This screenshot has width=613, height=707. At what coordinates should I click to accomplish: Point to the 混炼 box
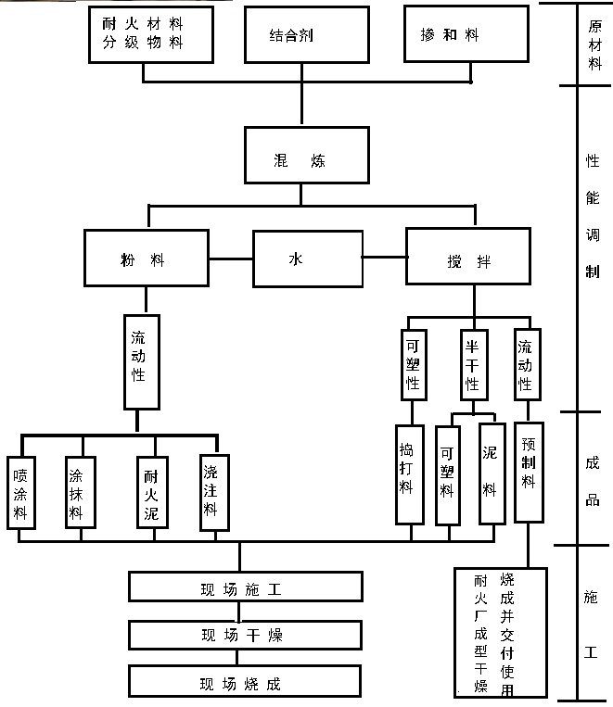click(300, 154)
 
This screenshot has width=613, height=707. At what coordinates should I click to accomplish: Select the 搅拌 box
click(468, 259)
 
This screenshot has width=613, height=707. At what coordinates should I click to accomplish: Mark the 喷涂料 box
click(20, 492)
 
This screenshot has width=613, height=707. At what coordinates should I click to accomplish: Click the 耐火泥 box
click(148, 492)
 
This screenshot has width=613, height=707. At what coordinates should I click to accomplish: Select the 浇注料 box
click(213, 491)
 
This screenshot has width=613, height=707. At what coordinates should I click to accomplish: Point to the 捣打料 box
click(406, 472)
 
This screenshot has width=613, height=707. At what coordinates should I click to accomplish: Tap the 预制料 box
click(529, 467)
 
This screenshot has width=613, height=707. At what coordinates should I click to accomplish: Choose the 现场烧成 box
click(245, 683)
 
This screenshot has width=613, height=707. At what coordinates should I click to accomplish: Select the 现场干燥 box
click(245, 636)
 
